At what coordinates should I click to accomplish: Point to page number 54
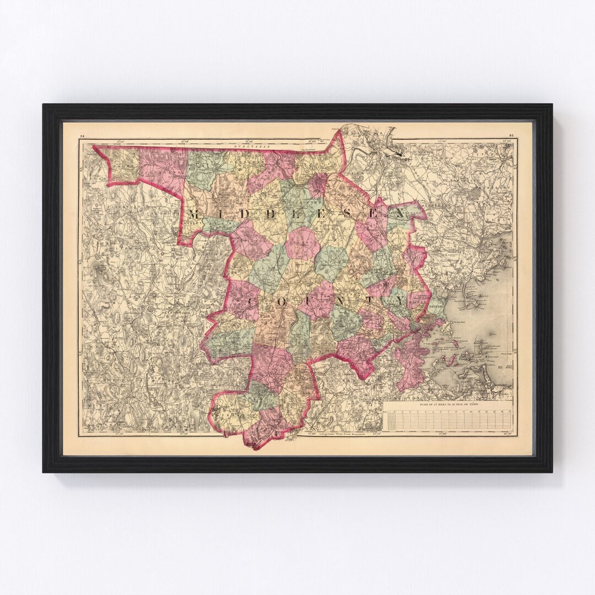tap(82, 135)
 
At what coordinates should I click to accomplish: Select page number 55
tap(511, 135)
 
